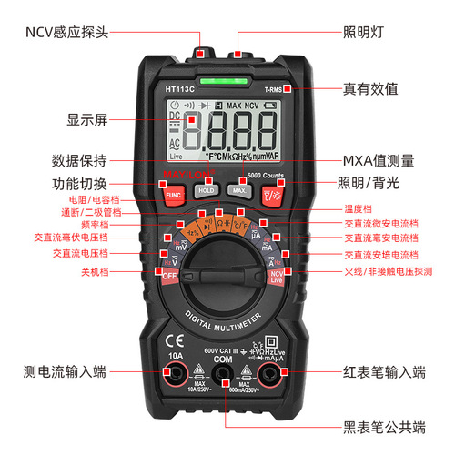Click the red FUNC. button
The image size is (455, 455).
pyautogui.click(x=173, y=193)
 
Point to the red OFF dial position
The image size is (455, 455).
pyautogui.click(x=169, y=273)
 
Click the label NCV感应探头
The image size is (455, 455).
pyautogui.click(x=67, y=32)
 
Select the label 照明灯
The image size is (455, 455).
pyautogui.click(x=362, y=32)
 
